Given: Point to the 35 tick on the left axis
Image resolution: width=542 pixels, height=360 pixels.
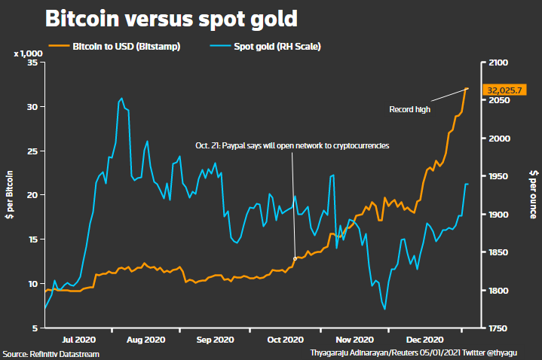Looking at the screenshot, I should pyautogui.click(x=32, y=63).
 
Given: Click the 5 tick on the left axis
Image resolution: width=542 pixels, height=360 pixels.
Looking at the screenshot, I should pyautogui.click(x=35, y=328).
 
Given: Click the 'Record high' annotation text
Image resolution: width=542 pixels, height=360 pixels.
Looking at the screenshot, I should pyautogui.click(x=409, y=110).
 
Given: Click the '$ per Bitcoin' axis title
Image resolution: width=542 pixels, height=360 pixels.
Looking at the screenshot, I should pyautogui.click(x=11, y=195).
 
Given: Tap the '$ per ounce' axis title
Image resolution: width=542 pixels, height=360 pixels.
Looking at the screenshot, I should pyautogui.click(x=532, y=195).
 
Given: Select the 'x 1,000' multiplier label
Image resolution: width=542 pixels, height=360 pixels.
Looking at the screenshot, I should pyautogui.click(x=27, y=54).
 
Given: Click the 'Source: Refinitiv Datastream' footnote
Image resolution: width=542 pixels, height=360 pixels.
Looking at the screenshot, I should pyautogui.click(x=51, y=353).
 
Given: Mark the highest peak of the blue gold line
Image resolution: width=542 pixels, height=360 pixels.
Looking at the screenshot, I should pyautogui.click(x=121, y=98).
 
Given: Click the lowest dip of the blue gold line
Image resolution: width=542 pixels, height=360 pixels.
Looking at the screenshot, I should pyautogui.click(x=384, y=309).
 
